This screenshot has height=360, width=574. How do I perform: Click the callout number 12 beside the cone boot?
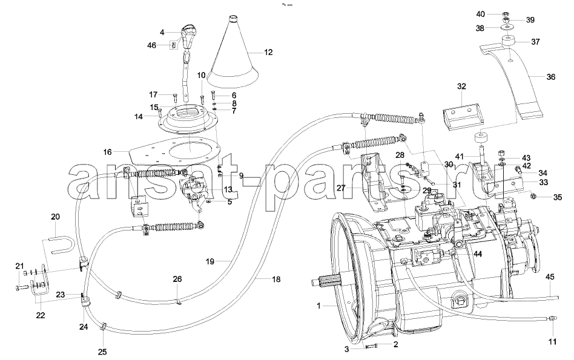[x=268, y=53]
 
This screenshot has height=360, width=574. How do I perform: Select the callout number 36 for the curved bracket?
[x=550, y=77]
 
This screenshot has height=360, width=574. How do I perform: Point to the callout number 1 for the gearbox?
[x=318, y=307]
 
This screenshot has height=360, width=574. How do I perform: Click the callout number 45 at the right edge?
[x=550, y=278]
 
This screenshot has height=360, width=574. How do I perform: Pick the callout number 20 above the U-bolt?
[x=55, y=217]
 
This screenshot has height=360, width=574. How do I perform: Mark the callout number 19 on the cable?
[x=210, y=262]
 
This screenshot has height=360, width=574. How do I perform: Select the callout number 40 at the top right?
[x=480, y=13]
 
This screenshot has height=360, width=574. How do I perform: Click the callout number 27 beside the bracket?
[x=341, y=188]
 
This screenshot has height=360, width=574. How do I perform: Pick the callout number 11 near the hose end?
[x=552, y=342]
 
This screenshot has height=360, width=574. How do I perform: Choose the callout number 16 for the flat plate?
[x=107, y=152]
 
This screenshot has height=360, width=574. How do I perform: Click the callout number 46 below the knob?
[x=151, y=45]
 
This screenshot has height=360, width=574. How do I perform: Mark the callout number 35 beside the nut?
[x=557, y=197]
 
